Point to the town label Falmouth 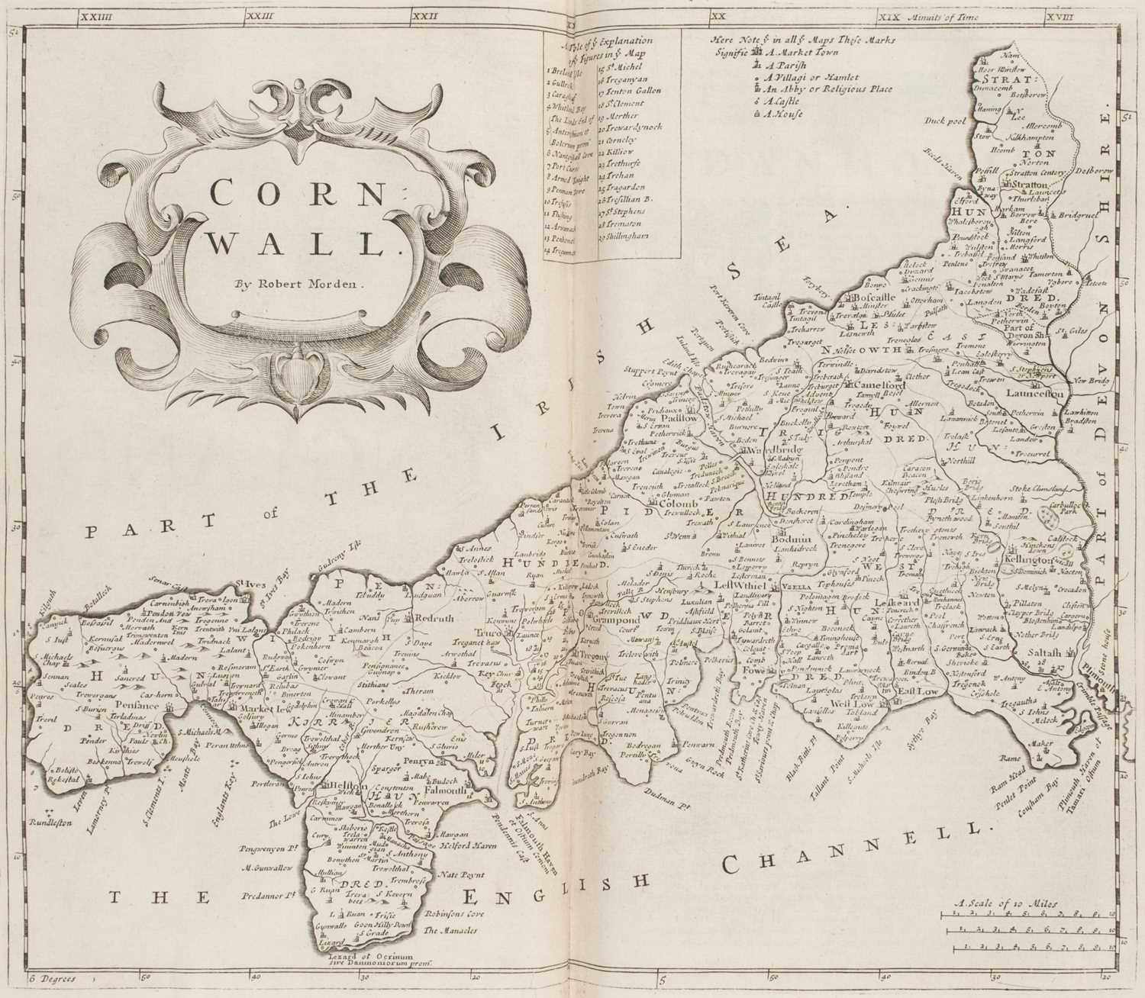pos(428,792)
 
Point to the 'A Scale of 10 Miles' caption pos(1005,903)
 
